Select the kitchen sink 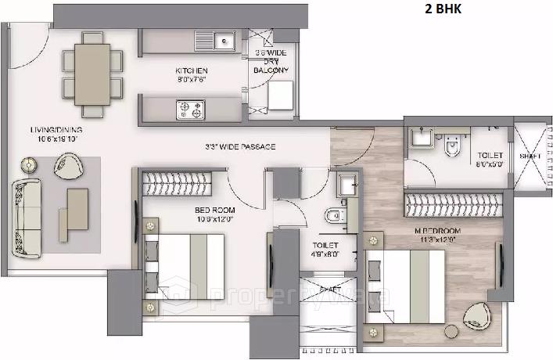pyautogui.click(x=223, y=37)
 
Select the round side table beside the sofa pyautogui.click(x=30, y=165)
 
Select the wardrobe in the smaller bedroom pyautogui.click(x=178, y=185)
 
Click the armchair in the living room pyautogui.click(x=73, y=164)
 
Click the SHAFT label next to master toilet pyautogui.click(x=530, y=156)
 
